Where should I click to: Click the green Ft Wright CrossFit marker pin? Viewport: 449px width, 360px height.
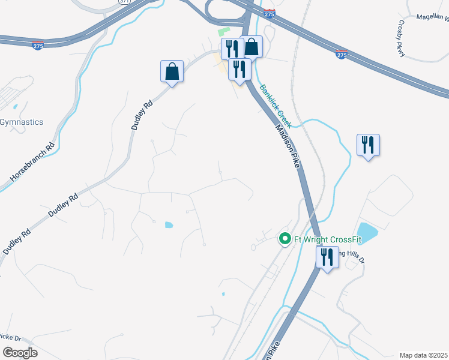pos(286,239)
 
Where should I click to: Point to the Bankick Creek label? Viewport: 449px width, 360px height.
pos(276,106)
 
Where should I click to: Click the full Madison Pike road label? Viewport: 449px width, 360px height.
pos(287,146)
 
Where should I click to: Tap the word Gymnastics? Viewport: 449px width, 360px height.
pos(22,122)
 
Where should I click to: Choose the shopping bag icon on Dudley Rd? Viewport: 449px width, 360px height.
pos(172,72)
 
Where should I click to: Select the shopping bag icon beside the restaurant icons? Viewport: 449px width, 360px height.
pos(252,47)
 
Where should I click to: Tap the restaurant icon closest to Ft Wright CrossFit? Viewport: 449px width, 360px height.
pos(326,258)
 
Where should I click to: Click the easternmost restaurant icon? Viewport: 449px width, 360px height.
pos(368,145)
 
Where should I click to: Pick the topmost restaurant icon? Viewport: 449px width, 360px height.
pos(232,49)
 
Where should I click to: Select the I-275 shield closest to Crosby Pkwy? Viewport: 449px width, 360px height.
pos(342,55)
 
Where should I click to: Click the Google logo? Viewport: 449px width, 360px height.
pos(20,353)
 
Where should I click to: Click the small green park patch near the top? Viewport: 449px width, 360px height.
pos(223,32)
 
